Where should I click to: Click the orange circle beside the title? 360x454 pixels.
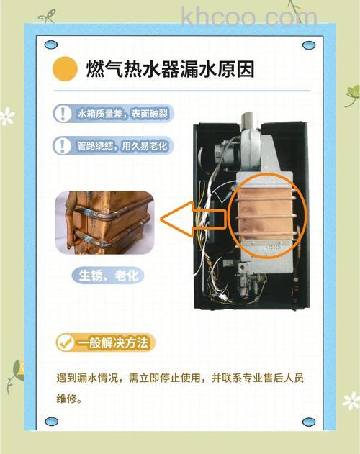66,69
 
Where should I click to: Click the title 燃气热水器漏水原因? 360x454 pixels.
168,70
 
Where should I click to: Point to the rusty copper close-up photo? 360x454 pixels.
105,222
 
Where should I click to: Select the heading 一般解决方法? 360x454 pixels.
115,342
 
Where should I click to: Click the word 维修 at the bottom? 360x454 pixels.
65,397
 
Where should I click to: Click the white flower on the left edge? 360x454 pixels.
6,115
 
